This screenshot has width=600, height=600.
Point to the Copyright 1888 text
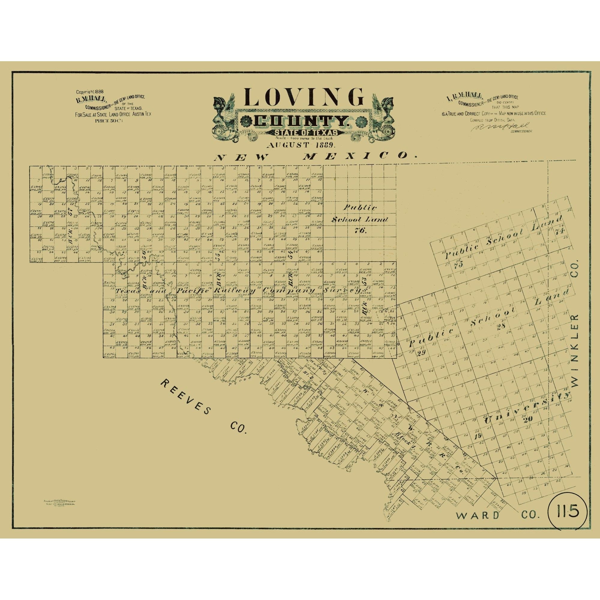90,92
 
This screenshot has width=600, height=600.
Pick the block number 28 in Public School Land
501,326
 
